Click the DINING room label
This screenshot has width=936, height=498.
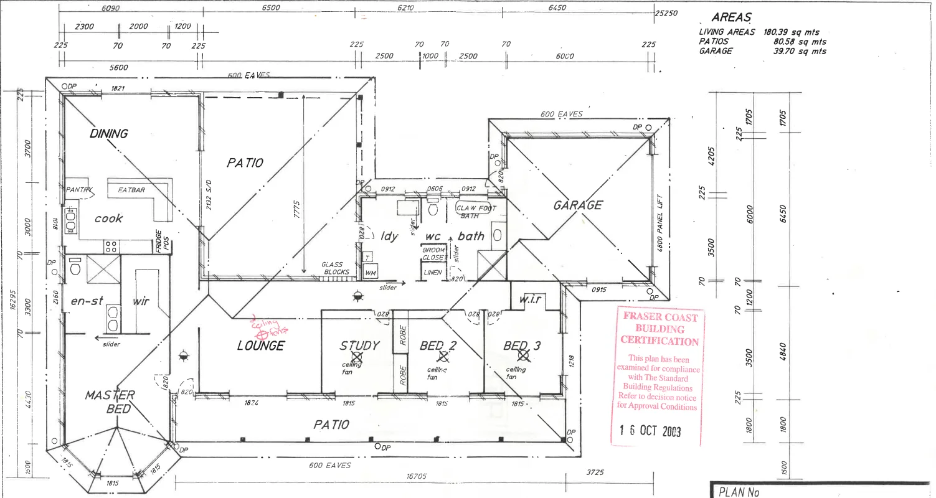point(109,133)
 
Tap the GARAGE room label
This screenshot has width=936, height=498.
point(578,205)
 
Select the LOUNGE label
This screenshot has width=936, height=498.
point(260,345)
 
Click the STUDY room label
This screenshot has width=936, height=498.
point(359,345)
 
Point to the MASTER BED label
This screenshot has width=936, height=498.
point(110,402)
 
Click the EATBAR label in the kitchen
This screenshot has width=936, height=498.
point(131,190)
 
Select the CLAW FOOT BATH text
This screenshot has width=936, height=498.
point(476,212)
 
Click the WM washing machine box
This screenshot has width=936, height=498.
point(371,273)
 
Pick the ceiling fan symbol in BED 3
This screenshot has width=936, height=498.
point(523,355)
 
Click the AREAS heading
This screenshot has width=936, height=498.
point(731,18)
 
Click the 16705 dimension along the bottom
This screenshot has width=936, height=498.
point(416,476)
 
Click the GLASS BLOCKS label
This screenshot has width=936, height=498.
point(336,268)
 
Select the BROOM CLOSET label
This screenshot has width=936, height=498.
point(433,254)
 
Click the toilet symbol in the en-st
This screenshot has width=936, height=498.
point(75,267)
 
